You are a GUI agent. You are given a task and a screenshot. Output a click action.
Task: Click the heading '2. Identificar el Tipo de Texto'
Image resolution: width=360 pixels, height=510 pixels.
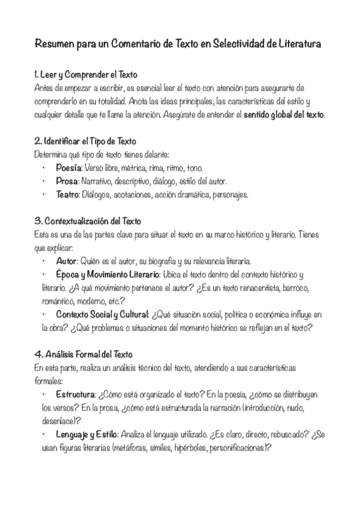coord(85,141)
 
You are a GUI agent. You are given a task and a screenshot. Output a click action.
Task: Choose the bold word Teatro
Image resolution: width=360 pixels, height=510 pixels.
coord(67,194)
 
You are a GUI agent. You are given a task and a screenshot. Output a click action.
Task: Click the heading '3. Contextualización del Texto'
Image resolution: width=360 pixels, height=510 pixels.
coord(88,221)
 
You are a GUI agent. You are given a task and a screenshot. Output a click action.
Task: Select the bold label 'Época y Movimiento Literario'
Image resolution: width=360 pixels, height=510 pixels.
coord(106,274)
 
